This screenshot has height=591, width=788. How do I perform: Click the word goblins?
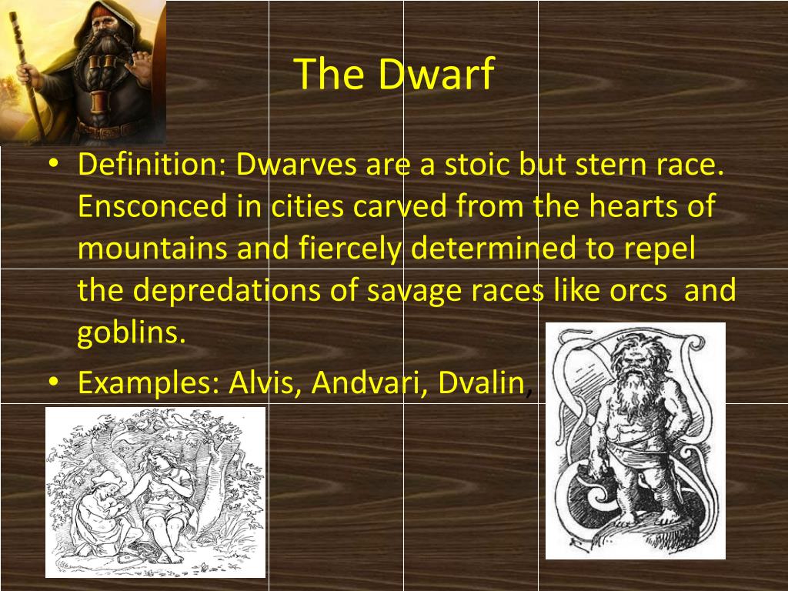click(131, 333)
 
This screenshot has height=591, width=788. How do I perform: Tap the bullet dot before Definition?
click(53, 164)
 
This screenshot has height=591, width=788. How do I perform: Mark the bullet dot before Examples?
click(53, 382)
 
